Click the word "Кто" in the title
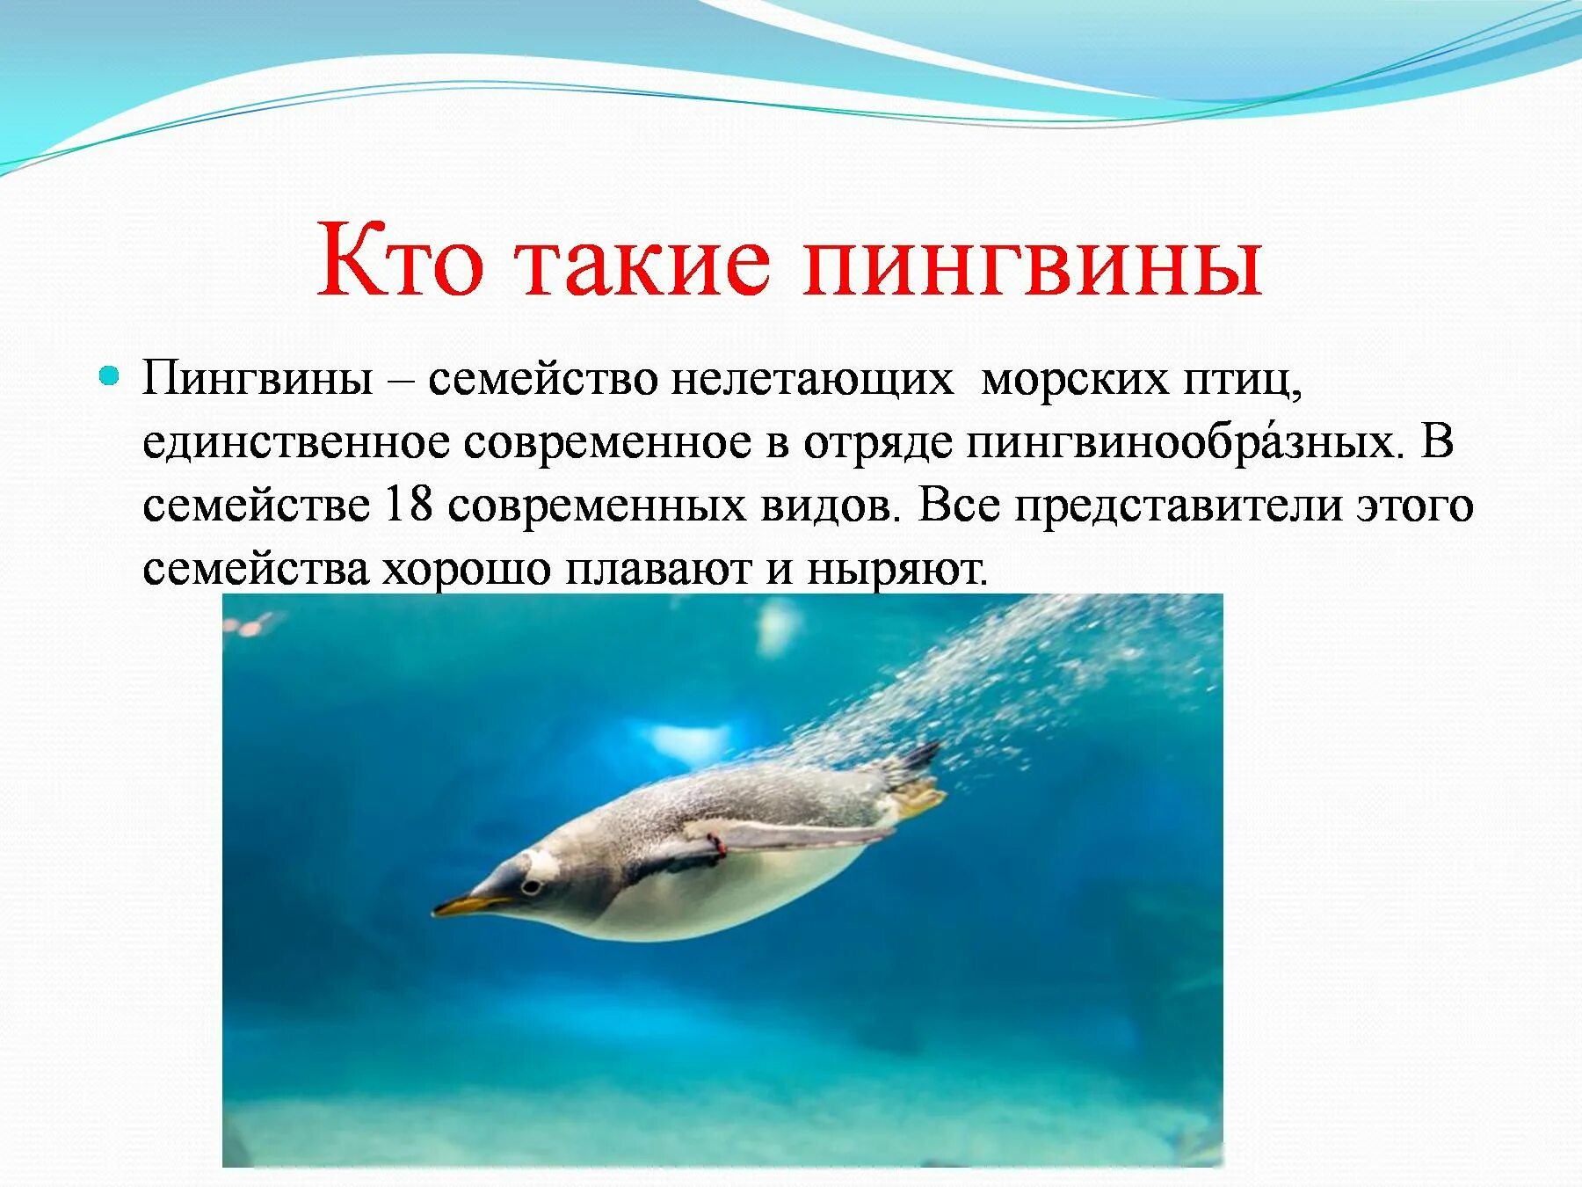point(400,258)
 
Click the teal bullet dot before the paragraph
point(109,377)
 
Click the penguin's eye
point(530,886)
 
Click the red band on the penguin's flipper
point(720,845)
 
